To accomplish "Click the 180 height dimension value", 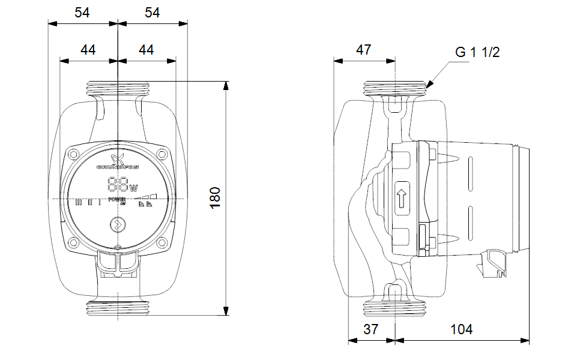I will click(216, 197).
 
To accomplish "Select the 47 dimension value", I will click(364, 50).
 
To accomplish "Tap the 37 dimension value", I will click(372, 329).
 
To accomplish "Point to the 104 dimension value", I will click(461, 329).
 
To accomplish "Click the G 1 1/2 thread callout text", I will click(477, 52).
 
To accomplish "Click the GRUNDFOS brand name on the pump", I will click(118, 167).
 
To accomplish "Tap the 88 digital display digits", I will click(116, 184).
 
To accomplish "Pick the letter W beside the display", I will click(133, 187).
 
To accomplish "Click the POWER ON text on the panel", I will click(118, 200).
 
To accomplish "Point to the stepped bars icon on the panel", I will click(145, 196).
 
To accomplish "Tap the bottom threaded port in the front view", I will click(118, 308).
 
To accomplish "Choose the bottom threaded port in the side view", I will click(396, 308).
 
